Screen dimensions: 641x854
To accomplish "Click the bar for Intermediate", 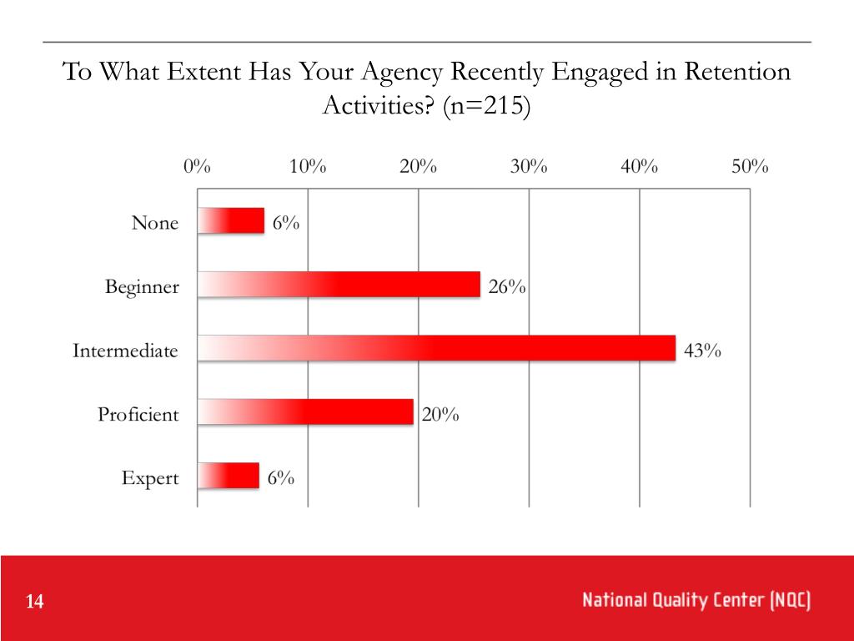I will tap(436, 348).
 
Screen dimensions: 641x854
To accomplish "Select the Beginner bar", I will tap(339, 285).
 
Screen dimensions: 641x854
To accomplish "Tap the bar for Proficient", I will tap(305, 411).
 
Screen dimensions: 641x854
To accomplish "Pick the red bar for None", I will tap(231, 221).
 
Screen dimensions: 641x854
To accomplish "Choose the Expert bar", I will tap(229, 476).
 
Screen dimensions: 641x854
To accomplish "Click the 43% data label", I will tap(701, 351).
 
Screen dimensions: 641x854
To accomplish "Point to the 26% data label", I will tap(507, 287).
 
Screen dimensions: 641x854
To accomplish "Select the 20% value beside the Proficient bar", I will tap(440, 414).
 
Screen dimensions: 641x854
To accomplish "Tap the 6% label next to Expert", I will tap(281, 478).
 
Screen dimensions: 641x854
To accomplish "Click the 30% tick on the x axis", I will tap(529, 166).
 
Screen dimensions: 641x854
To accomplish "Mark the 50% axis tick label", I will tap(750, 166).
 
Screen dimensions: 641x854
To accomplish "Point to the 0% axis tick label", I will tap(198, 166).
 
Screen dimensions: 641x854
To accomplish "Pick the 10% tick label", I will tap(308, 166).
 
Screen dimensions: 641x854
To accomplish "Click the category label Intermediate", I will tap(125, 351).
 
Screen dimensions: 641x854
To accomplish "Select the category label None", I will tap(155, 223).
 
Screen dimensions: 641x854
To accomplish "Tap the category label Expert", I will tap(150, 478).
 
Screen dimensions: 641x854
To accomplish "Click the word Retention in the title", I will tap(736, 72).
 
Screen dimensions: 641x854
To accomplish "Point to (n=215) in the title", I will tap(485, 107).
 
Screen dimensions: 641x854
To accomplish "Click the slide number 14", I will tap(34, 602).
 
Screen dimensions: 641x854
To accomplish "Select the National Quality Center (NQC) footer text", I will tap(696, 600).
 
